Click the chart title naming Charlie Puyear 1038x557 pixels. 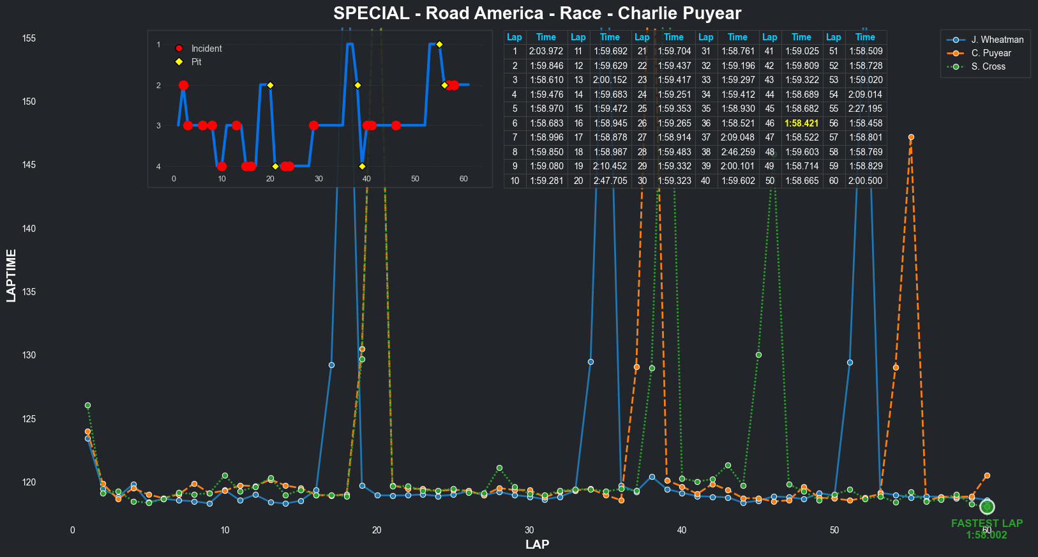click(x=537, y=13)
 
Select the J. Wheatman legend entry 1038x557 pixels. click(x=997, y=40)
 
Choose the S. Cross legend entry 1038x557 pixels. click(x=988, y=66)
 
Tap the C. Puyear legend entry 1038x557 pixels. click(x=991, y=53)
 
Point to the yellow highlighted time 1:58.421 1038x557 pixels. click(x=801, y=123)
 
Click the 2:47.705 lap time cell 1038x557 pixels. click(x=610, y=181)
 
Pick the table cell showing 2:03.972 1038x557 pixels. click(x=546, y=51)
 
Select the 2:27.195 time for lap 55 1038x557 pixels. click(x=865, y=109)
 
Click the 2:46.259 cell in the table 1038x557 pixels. click(x=737, y=152)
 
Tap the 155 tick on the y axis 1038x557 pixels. click(x=29, y=38)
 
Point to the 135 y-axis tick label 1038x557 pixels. click(x=29, y=292)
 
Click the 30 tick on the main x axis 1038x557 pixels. click(x=529, y=530)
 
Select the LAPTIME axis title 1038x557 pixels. click(x=11, y=275)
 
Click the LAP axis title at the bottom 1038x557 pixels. click(x=537, y=544)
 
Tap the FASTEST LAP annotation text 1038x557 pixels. click(x=986, y=523)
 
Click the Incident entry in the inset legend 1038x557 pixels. click(x=206, y=49)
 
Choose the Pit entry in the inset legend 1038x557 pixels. click(x=196, y=62)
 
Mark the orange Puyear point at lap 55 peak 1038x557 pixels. click(x=911, y=137)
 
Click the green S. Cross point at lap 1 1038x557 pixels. click(x=88, y=406)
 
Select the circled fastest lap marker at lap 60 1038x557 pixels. click(x=987, y=507)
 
